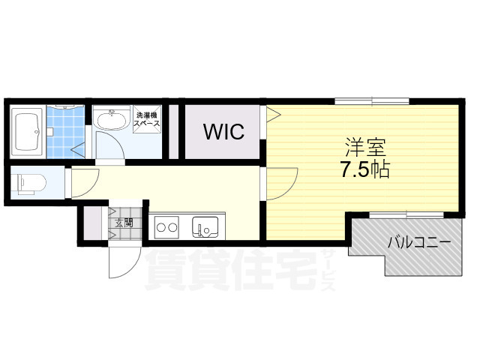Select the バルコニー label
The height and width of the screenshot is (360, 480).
418,242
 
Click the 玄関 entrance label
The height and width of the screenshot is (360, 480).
124,222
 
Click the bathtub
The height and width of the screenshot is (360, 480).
28,132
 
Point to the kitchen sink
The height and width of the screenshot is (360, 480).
205,225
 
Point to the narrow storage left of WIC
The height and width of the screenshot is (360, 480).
174,132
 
